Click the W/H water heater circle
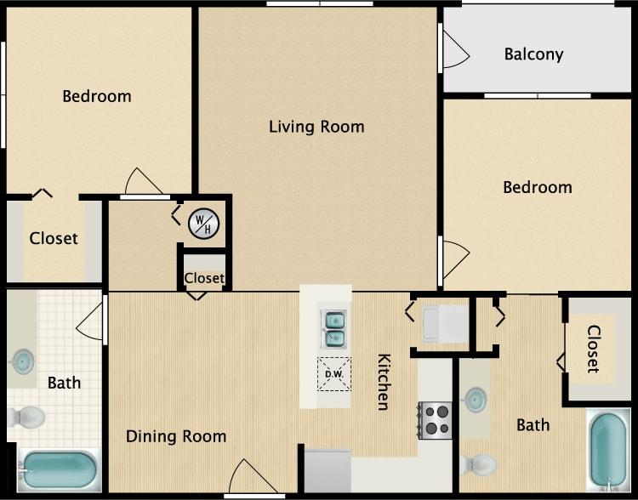(203, 224)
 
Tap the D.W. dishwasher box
(333, 373)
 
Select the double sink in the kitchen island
(333, 328)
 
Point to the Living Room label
(316, 128)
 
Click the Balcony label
(533, 54)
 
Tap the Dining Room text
(176, 437)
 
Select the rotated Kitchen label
(384, 382)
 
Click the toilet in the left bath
(27, 418)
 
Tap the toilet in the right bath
(479, 464)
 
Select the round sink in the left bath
(22, 361)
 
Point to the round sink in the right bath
(476, 399)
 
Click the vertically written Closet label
(593, 349)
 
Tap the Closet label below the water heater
(204, 278)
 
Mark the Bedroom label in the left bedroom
(97, 96)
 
